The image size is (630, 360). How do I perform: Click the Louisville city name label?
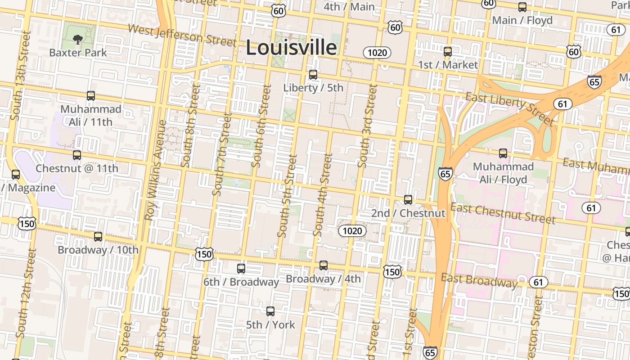(291, 48)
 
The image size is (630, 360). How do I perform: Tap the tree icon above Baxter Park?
(78, 39)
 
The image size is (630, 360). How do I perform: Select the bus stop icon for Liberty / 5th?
(313, 75)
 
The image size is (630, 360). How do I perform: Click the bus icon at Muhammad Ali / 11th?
(91, 96)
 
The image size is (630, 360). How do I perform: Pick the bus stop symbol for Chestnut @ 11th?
(77, 155)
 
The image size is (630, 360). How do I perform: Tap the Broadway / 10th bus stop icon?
(98, 237)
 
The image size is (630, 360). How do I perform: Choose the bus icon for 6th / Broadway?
(241, 269)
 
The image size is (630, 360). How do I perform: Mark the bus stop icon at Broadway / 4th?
(324, 265)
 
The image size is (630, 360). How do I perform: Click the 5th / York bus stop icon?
(270, 311)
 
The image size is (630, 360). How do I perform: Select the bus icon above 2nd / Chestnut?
(408, 199)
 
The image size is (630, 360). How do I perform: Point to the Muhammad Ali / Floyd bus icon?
(503, 153)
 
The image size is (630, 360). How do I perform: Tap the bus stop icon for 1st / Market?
(448, 51)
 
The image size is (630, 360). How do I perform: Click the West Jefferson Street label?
(182, 35)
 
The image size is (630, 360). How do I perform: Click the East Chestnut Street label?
(503, 213)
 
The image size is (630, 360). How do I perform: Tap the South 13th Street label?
(20, 75)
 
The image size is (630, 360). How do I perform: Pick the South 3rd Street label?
(366, 126)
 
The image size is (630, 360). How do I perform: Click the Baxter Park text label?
(78, 53)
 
